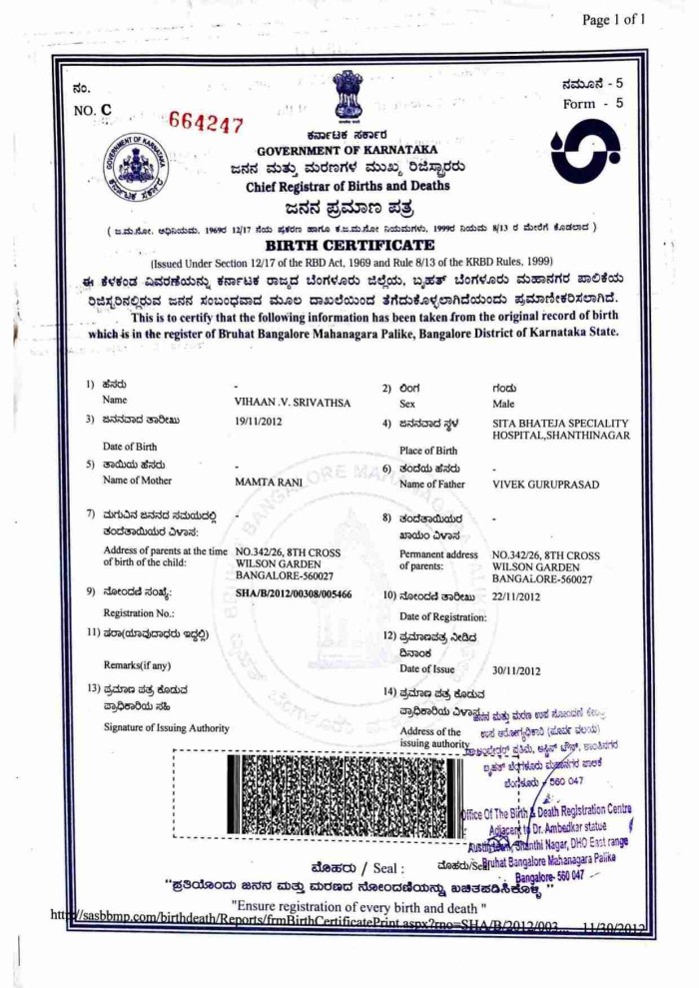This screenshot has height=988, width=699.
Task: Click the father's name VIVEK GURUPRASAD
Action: click(545, 485)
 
